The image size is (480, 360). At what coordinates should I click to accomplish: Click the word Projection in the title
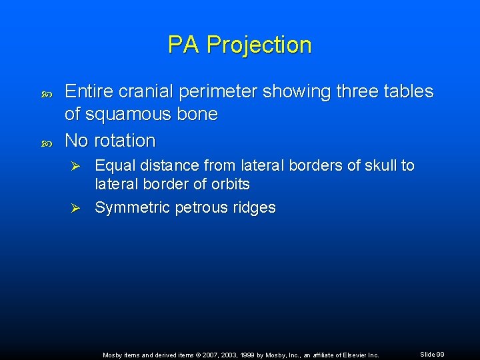(259, 45)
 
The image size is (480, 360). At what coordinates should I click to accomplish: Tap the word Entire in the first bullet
(88, 91)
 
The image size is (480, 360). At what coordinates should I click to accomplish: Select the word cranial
(141, 91)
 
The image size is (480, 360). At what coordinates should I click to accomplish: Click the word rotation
(125, 141)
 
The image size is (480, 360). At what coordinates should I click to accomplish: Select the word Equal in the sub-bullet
(114, 165)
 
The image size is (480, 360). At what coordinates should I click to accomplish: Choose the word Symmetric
(132, 208)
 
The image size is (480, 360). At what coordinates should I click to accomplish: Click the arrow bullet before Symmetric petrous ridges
(76, 208)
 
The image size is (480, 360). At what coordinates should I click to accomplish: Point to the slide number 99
(441, 355)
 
